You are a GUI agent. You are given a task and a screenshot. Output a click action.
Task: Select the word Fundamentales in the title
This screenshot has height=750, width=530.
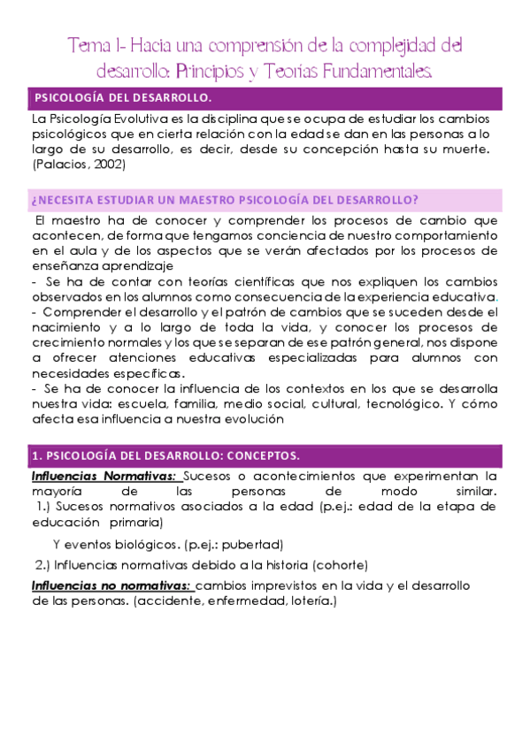click(384, 68)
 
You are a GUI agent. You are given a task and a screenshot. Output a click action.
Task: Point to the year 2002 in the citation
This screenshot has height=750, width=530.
click(107, 165)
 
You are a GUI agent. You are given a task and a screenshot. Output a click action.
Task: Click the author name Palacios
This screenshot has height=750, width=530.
click(63, 165)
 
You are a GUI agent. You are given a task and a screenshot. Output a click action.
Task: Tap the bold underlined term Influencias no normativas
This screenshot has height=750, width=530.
click(111, 585)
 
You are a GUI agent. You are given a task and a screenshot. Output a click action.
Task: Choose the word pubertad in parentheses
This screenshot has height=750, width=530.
click(254, 543)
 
